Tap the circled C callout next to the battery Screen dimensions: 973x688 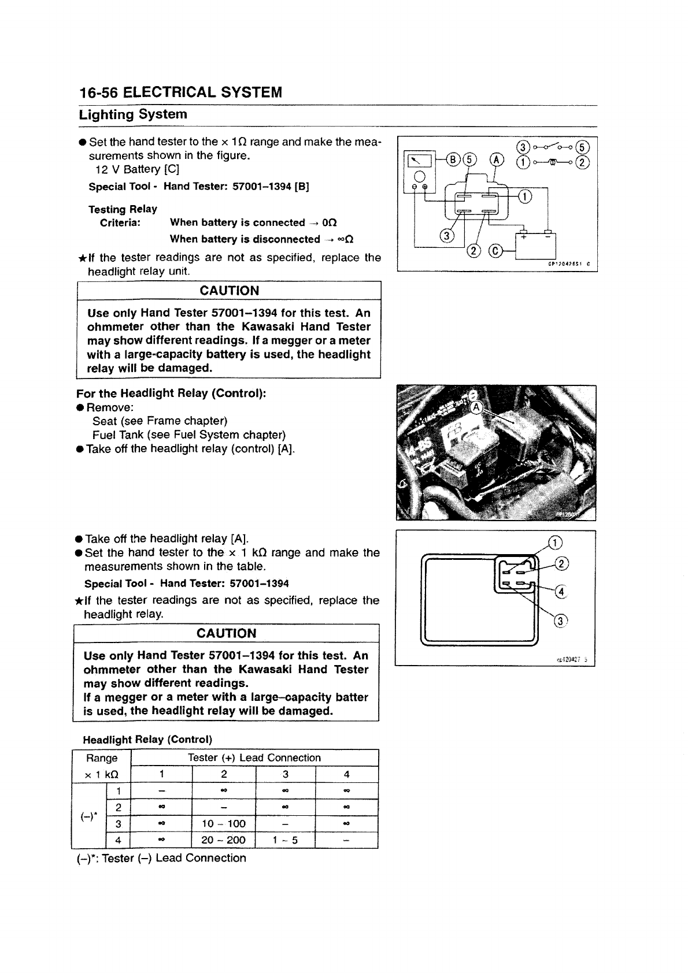click(x=495, y=250)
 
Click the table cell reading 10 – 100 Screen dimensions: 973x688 click(x=223, y=823)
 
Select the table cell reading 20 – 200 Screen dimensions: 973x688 click(x=223, y=840)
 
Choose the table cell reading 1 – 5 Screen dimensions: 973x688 click(x=285, y=840)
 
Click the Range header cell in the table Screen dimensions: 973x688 click(x=102, y=757)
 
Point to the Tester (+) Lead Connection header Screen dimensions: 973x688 click(x=254, y=757)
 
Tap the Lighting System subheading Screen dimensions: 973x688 click(x=133, y=114)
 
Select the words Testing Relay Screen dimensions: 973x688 click(x=123, y=209)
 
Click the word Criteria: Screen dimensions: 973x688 click(x=120, y=223)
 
